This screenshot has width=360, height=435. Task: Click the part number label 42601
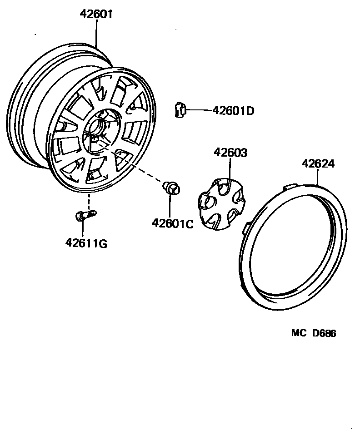point(96,14)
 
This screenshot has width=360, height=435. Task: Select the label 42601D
point(233,110)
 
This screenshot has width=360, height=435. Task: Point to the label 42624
point(318,163)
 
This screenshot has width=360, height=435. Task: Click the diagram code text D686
point(324,334)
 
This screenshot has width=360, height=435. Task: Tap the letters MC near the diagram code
point(299,334)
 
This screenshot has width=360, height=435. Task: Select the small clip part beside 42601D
point(179,109)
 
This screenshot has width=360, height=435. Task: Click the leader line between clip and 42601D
point(199,110)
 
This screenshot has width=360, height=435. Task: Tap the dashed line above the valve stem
point(89,200)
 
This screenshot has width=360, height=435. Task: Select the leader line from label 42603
point(230,170)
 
